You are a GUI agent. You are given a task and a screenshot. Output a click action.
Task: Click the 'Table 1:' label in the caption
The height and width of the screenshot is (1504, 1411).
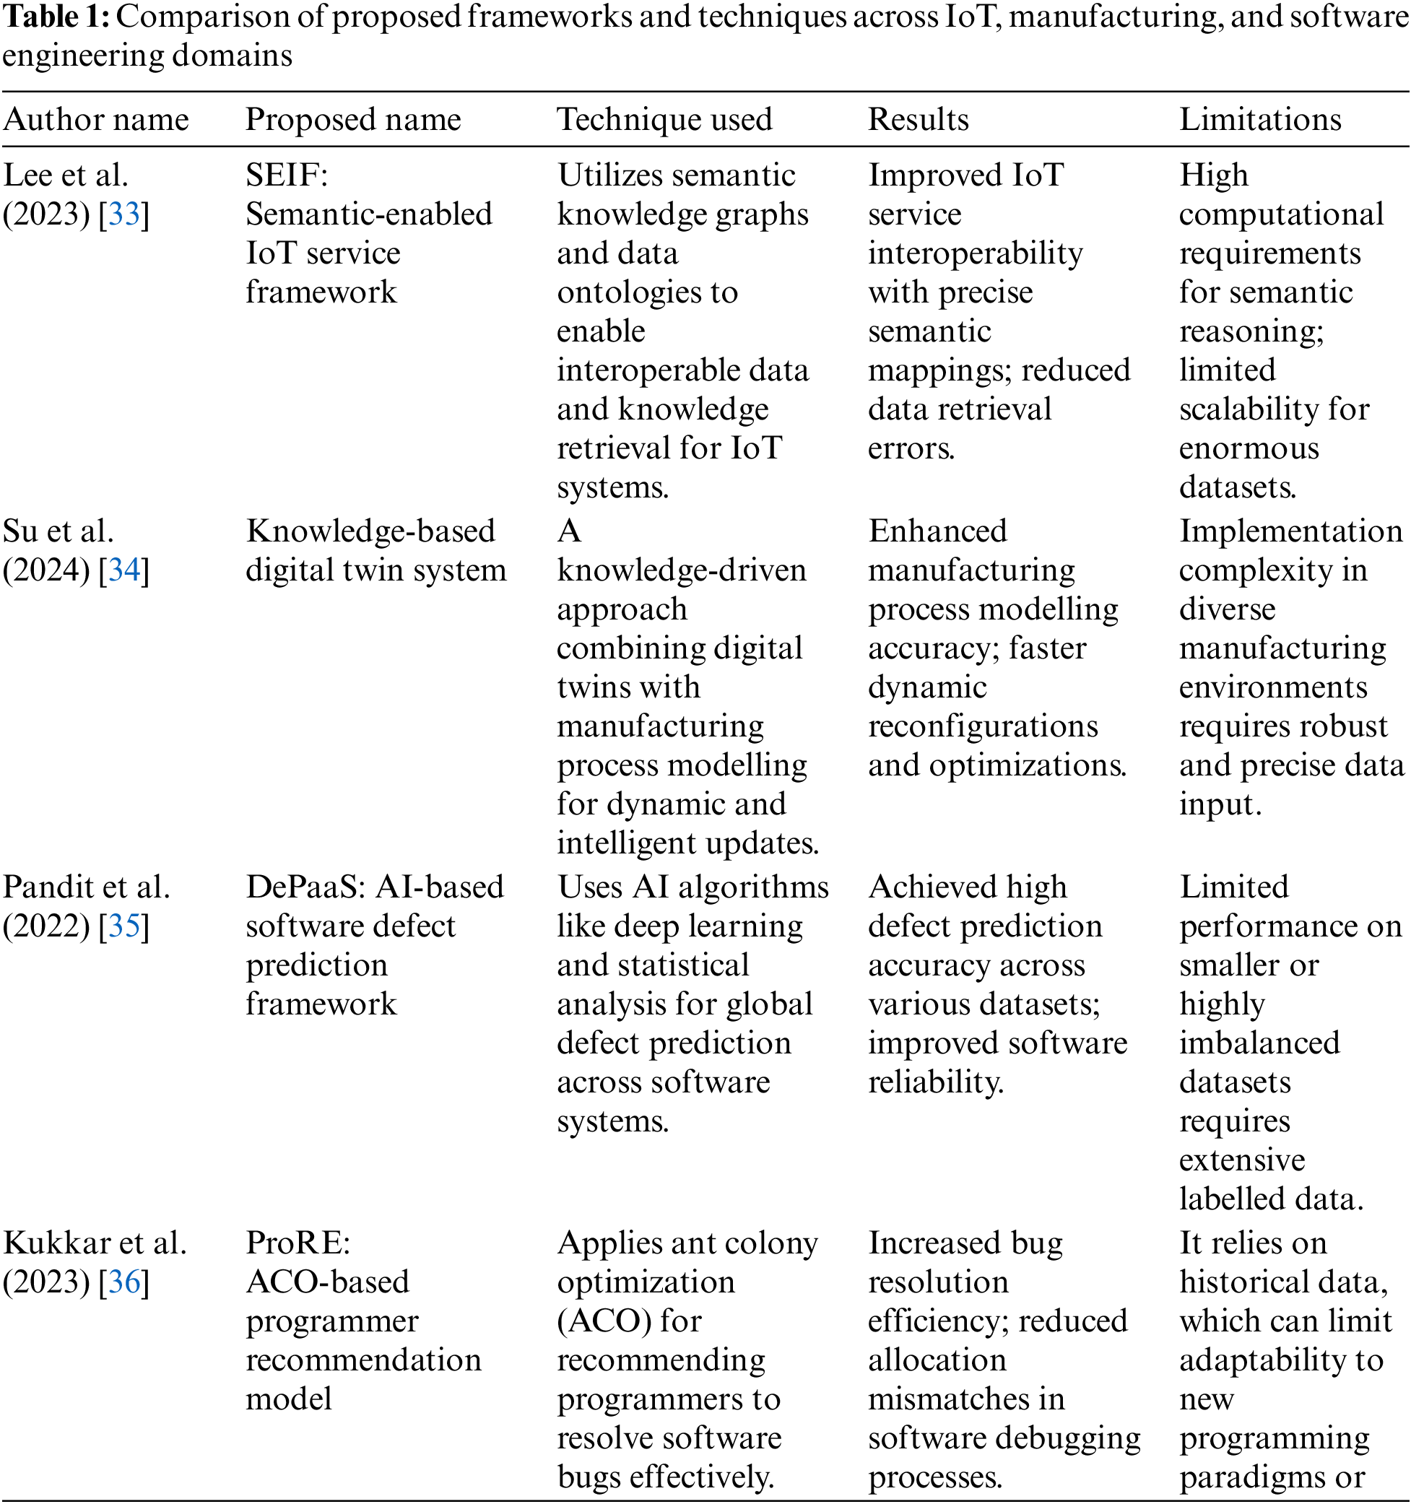(x=56, y=17)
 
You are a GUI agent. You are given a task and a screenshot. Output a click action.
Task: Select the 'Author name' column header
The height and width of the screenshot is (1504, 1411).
(x=96, y=120)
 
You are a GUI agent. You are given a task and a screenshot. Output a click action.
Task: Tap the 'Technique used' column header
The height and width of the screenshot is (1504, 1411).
(x=664, y=120)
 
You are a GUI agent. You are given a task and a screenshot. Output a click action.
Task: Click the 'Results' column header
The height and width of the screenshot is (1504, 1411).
(x=918, y=120)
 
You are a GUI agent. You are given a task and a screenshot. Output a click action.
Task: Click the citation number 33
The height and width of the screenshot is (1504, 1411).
(x=124, y=215)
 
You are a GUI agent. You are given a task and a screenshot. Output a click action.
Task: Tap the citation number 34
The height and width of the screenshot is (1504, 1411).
(x=124, y=570)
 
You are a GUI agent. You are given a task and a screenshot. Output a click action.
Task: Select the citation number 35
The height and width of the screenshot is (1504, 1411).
(x=124, y=926)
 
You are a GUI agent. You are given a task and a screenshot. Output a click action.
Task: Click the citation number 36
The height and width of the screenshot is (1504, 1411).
(x=124, y=1282)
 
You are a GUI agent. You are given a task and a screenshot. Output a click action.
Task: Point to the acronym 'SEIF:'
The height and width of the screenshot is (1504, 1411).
(x=287, y=175)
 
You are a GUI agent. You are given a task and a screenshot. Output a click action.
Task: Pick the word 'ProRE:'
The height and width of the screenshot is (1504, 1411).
(x=298, y=1243)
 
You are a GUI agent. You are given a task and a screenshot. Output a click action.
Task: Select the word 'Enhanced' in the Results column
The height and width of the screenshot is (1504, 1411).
(x=937, y=531)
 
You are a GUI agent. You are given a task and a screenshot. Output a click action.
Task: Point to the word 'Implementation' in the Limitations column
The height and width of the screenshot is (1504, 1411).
(x=1290, y=531)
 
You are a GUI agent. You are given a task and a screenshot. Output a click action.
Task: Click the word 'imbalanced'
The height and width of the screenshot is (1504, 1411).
(x=1259, y=1043)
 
